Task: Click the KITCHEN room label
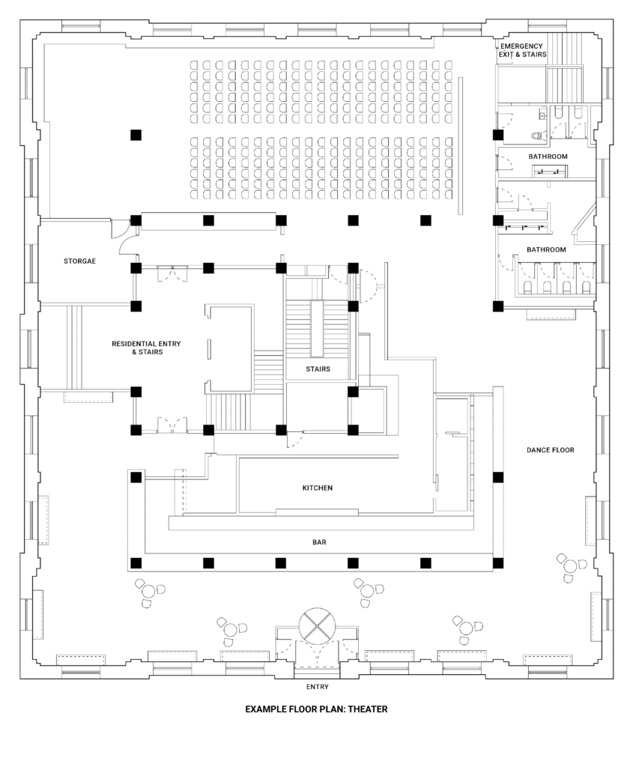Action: point(318,488)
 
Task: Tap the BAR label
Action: point(319,542)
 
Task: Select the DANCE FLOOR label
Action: point(551,450)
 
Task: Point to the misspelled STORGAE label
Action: point(79,261)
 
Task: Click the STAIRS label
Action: point(318,369)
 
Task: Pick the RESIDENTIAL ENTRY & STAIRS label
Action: point(146,348)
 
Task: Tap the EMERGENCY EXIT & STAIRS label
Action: point(522,50)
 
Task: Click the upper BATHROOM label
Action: point(548,157)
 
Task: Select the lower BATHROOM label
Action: point(546,249)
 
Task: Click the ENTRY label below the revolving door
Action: point(318,687)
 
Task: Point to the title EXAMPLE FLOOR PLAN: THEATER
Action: point(316,709)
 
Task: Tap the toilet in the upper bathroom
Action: point(537,135)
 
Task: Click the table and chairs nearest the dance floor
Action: point(570,567)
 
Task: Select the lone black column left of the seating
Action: point(136,135)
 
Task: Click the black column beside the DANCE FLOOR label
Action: point(498,477)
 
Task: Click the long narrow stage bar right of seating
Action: point(460,145)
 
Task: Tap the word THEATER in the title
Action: point(368,709)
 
